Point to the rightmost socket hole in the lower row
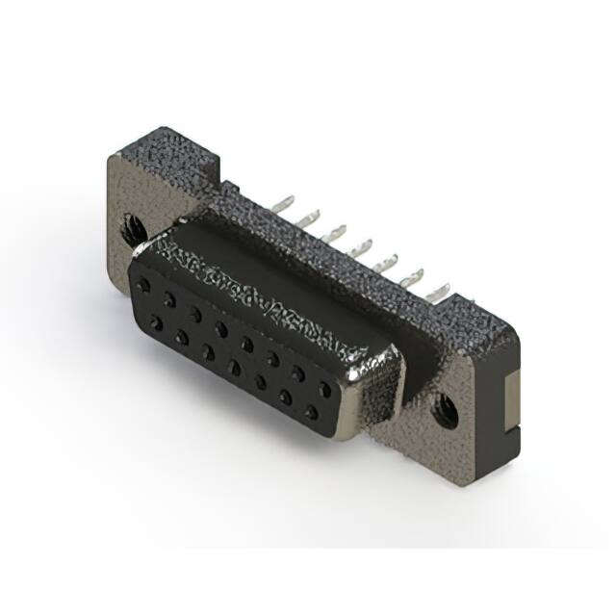(311, 412)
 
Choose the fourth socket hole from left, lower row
(233, 367)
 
